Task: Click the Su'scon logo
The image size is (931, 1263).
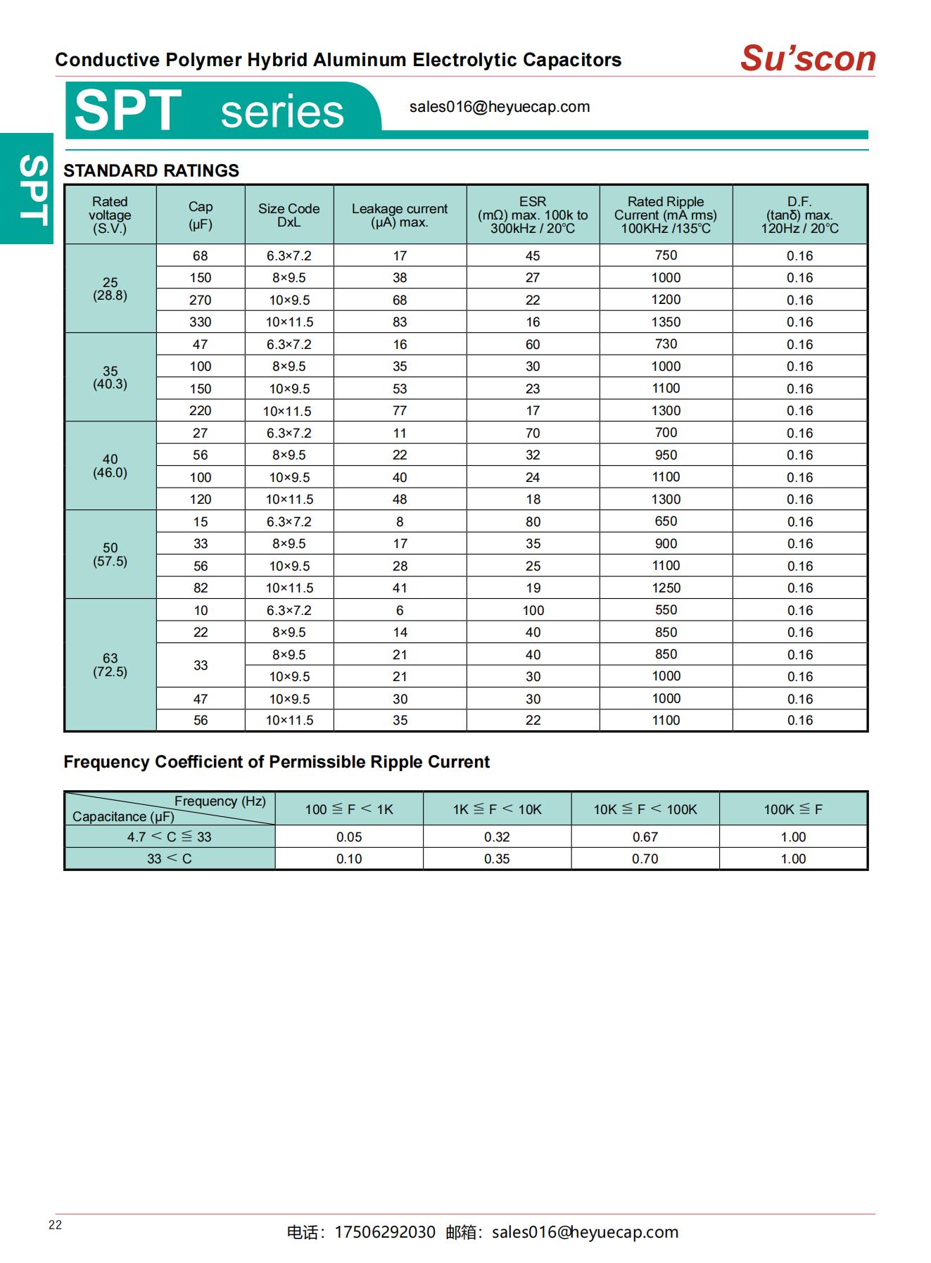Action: tap(807, 58)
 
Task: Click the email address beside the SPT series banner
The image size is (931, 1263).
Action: tap(499, 107)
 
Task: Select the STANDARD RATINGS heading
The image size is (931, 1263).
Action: tap(151, 171)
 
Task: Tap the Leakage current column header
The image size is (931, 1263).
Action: tap(399, 215)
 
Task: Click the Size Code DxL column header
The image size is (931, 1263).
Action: tap(289, 215)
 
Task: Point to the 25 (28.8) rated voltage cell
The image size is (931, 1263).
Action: tap(110, 288)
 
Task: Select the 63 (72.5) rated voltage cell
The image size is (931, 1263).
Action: tap(110, 665)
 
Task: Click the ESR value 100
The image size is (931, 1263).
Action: tap(533, 610)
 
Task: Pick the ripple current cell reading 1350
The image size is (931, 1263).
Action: tap(665, 322)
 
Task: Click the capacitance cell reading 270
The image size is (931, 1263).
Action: tap(200, 300)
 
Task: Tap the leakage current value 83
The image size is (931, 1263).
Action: tap(399, 322)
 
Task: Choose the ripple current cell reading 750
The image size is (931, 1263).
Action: tap(665, 255)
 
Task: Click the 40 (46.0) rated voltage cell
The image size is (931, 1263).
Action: tap(110, 466)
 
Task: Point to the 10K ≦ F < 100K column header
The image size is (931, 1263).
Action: tap(645, 809)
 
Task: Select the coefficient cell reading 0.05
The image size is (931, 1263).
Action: tap(348, 837)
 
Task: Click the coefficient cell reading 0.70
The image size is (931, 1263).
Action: tap(645, 858)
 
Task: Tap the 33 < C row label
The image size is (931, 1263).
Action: tap(169, 858)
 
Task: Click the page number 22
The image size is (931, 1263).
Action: tap(55, 1225)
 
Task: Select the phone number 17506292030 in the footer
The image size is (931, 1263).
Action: tap(384, 1232)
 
